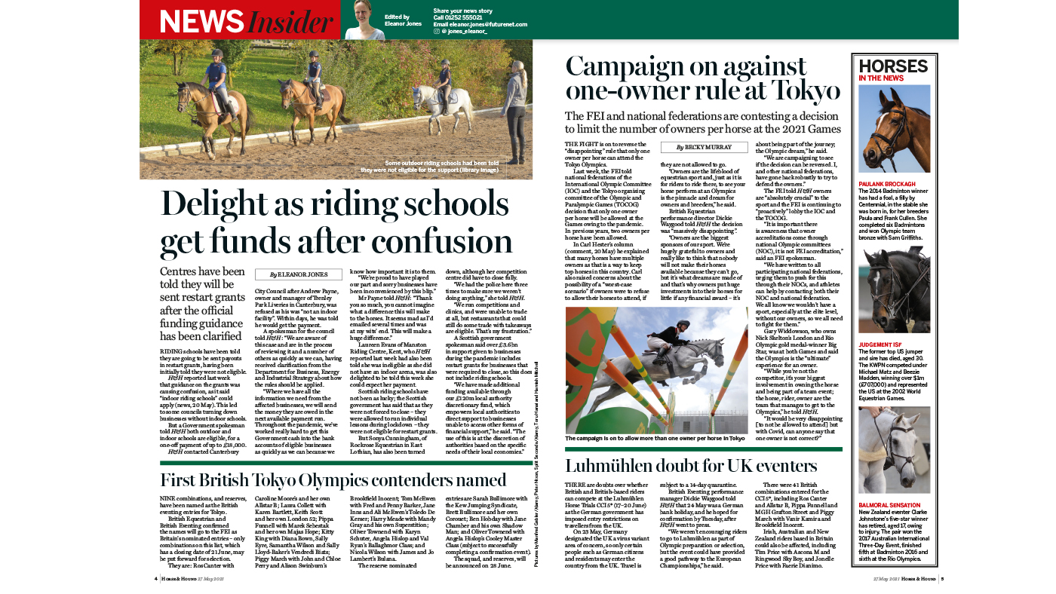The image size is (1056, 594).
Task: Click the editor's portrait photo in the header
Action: click(x=364, y=20)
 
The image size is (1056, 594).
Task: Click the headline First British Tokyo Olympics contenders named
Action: click(x=333, y=480)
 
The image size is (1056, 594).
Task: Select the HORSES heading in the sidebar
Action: click(x=893, y=66)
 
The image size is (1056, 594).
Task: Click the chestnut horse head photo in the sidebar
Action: click(x=894, y=130)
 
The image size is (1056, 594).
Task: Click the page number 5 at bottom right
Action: click(x=942, y=580)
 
